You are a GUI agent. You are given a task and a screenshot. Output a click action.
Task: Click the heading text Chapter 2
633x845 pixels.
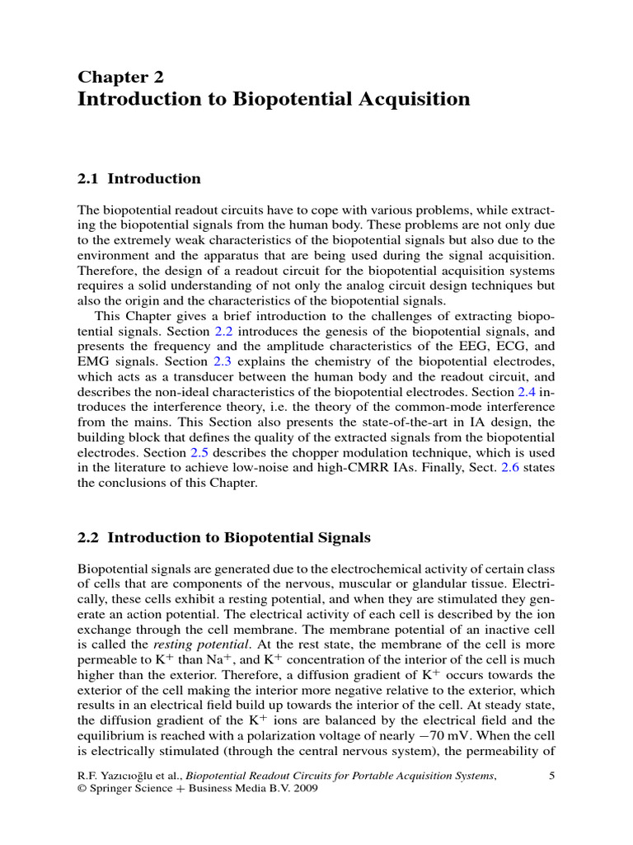(120, 78)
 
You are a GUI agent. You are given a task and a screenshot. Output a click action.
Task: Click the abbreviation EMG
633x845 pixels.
(95, 385)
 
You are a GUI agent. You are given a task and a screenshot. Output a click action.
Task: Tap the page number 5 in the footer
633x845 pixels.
(551, 775)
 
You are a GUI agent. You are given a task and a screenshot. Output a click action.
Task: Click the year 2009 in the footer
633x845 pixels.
(302, 789)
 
